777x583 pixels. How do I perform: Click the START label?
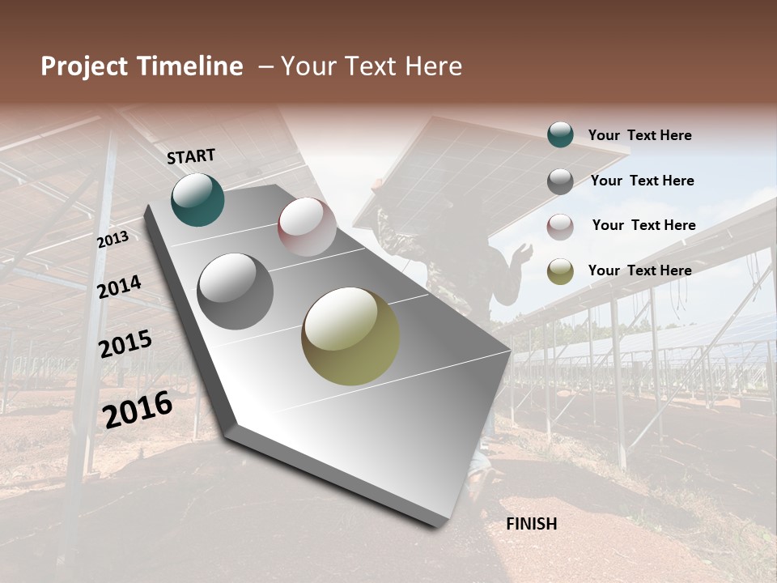point(191,156)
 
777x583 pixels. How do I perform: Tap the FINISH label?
point(531,524)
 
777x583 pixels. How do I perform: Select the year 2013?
point(113,240)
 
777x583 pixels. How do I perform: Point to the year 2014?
point(119,287)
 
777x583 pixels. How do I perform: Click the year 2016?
point(138,409)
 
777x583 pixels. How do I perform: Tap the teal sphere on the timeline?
point(197,199)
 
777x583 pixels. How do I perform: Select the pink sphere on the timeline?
point(307,227)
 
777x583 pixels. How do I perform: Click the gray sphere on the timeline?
point(236,291)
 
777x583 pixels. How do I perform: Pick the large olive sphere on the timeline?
point(350,335)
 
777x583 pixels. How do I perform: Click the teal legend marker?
point(560,134)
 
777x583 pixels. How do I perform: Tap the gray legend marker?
point(560,181)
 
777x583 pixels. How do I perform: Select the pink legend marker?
point(560,227)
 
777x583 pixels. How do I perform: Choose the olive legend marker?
point(560,271)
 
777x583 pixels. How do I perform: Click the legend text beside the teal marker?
point(639,135)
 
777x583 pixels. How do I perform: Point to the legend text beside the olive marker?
point(639,270)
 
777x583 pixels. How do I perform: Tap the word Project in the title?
point(85,66)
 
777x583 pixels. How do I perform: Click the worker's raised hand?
point(522,253)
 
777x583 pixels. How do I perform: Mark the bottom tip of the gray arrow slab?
point(441,524)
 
